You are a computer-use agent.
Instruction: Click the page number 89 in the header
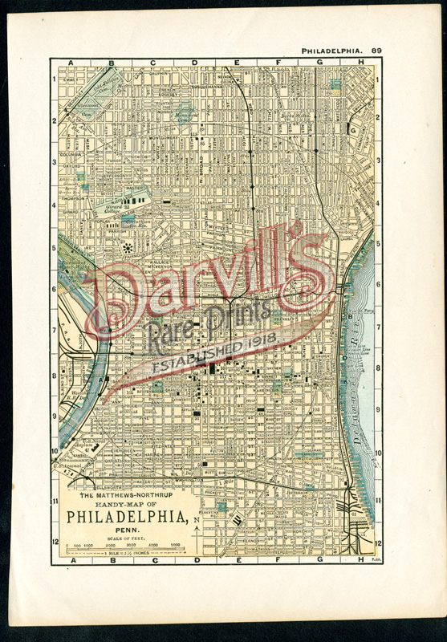click(376, 51)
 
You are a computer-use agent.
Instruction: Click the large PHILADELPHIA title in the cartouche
click(128, 516)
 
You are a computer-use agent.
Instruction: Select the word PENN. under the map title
click(128, 529)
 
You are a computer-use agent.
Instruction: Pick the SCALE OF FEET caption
click(128, 537)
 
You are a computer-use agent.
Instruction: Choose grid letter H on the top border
click(360, 62)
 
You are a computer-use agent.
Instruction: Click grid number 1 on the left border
click(54, 79)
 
